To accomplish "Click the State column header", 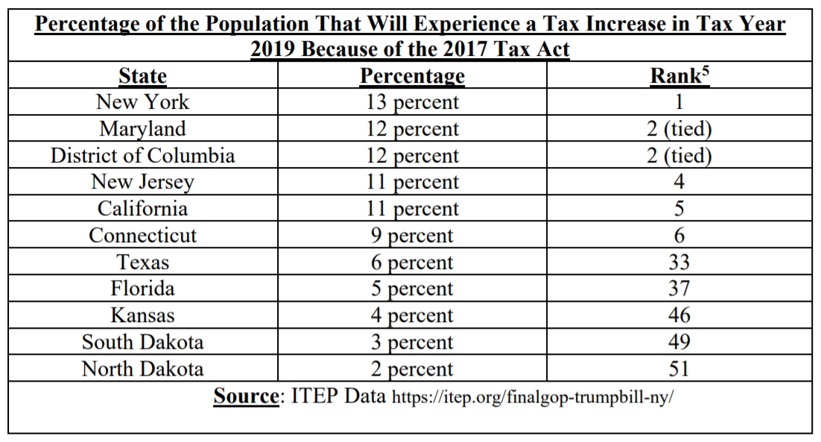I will click(142, 76).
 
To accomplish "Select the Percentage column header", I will click(412, 76).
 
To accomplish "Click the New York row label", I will click(142, 102).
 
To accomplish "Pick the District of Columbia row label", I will click(142, 156).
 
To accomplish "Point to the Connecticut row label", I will click(142, 236).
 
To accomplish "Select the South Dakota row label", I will click(142, 342).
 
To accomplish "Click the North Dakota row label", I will click(142, 369).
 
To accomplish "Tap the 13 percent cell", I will click(412, 102).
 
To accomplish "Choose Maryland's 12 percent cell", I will click(412, 129).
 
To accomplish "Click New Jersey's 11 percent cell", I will click(412, 183).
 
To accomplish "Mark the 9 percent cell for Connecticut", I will click(412, 236).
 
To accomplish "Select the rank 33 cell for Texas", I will click(678, 262).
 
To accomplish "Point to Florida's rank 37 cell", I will click(678, 289).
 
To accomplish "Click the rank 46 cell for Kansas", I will click(678, 316).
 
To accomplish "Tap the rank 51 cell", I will click(678, 369).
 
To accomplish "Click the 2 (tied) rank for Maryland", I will click(678, 129).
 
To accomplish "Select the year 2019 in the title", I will click(276, 50).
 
